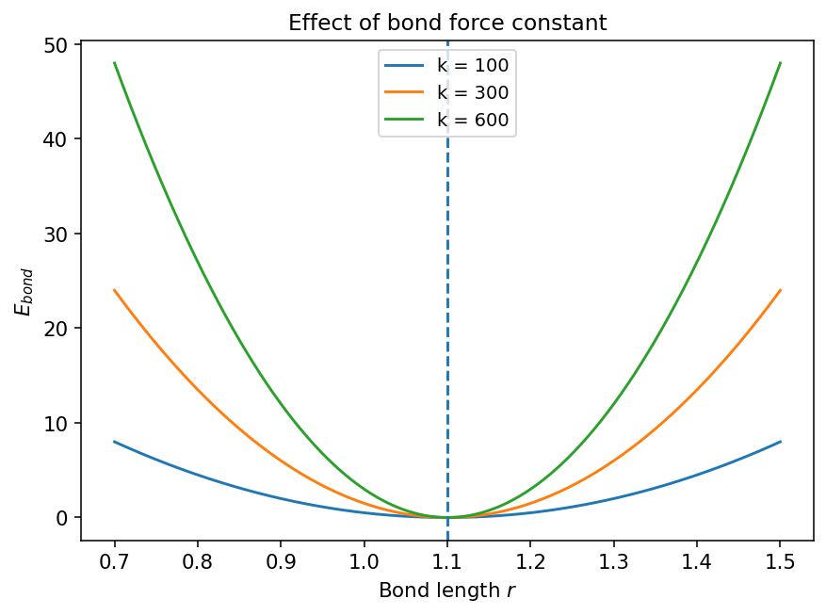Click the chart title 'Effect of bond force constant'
click(x=447, y=23)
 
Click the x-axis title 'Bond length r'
click(x=447, y=591)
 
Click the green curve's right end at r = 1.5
click(x=781, y=63)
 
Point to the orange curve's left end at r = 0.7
click(x=115, y=290)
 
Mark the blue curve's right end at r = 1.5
click(x=781, y=442)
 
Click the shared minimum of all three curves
click(x=447, y=517)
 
